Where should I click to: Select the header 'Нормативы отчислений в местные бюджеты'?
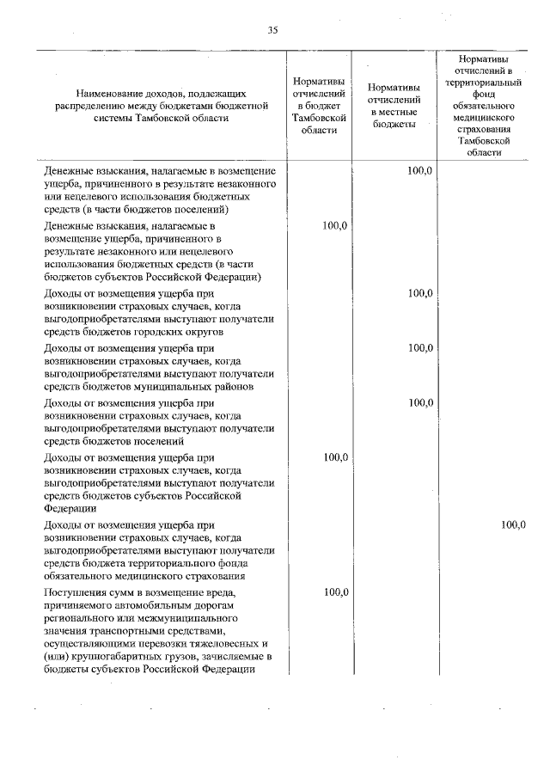tap(394, 106)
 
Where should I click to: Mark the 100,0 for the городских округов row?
tap(419, 293)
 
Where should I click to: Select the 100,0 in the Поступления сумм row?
tap(334, 592)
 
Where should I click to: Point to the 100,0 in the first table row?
tap(419, 171)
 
